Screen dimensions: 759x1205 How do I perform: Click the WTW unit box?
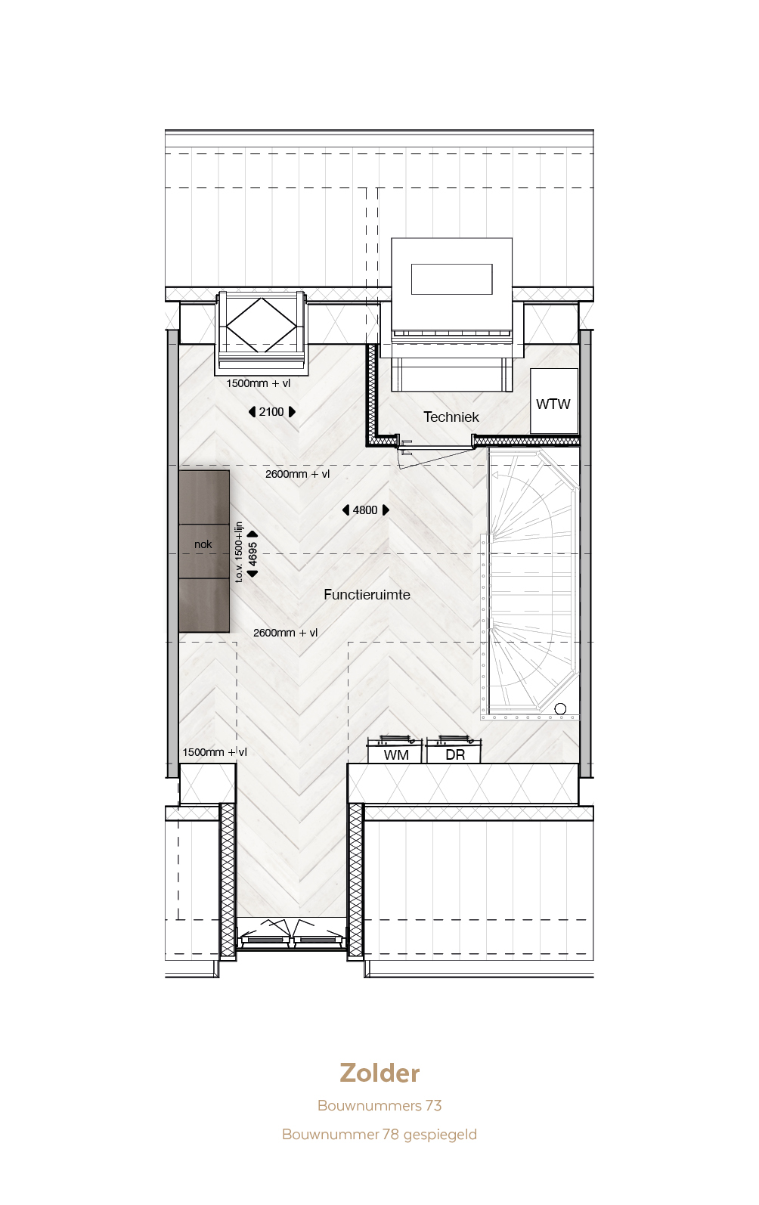coord(553,401)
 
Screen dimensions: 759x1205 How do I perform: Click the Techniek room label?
coord(451,417)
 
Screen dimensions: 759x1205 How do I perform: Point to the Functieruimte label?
coord(367,594)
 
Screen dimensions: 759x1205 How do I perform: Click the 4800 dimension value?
coord(365,510)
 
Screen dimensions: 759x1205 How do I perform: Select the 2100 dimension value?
coord(271,412)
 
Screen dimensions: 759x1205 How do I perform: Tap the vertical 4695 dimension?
coord(252,553)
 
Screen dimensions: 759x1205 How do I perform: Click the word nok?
coord(203,544)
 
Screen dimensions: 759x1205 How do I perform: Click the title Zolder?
coord(379,1073)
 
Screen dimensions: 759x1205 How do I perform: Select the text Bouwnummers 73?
coord(379,1105)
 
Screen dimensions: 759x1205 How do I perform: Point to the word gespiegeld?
coord(440,1135)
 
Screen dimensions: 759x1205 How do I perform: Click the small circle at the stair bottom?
coord(560,709)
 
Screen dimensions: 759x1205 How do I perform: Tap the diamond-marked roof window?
coord(262,326)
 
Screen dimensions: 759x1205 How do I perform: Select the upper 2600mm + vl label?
coord(297,474)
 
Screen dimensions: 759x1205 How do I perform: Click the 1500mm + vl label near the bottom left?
coord(215,752)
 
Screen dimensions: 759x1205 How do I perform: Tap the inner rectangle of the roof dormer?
coord(452,279)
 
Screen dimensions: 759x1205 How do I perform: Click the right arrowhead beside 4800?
coord(385,510)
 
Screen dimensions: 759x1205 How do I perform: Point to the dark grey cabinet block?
coord(204,551)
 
